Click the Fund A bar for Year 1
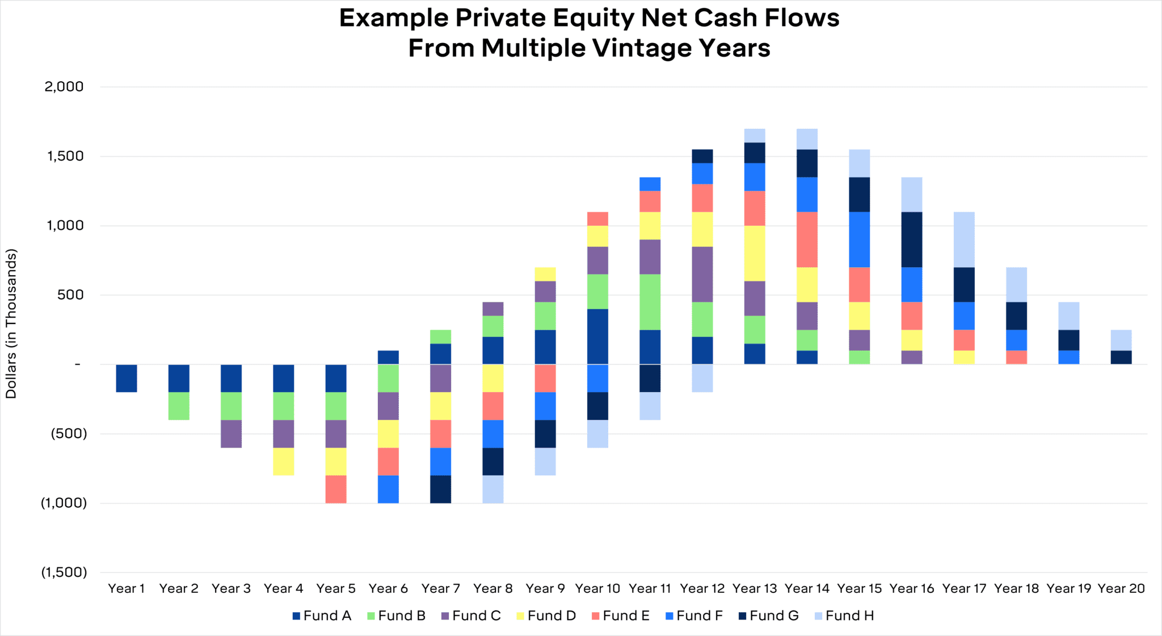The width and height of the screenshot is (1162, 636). [x=127, y=378]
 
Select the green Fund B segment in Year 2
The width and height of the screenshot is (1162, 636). [x=179, y=406]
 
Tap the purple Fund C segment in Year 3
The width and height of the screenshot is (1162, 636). [x=231, y=433]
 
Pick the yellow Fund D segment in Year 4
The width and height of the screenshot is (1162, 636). [x=283, y=461]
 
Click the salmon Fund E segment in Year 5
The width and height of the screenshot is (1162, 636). [x=335, y=489]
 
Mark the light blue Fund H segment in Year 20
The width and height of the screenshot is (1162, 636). [x=1121, y=340]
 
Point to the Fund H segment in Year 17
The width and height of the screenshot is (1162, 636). [x=964, y=239]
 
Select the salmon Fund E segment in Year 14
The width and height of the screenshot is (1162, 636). [x=807, y=239]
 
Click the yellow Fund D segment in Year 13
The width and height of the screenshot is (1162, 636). [x=755, y=253]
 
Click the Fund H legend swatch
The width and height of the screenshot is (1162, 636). [x=818, y=616]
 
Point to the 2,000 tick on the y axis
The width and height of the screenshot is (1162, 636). [x=64, y=87]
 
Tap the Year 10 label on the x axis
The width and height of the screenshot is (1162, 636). [x=597, y=589]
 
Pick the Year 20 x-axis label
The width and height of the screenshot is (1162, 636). [x=1121, y=589]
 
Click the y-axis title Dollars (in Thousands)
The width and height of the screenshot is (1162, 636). [x=11, y=323]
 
